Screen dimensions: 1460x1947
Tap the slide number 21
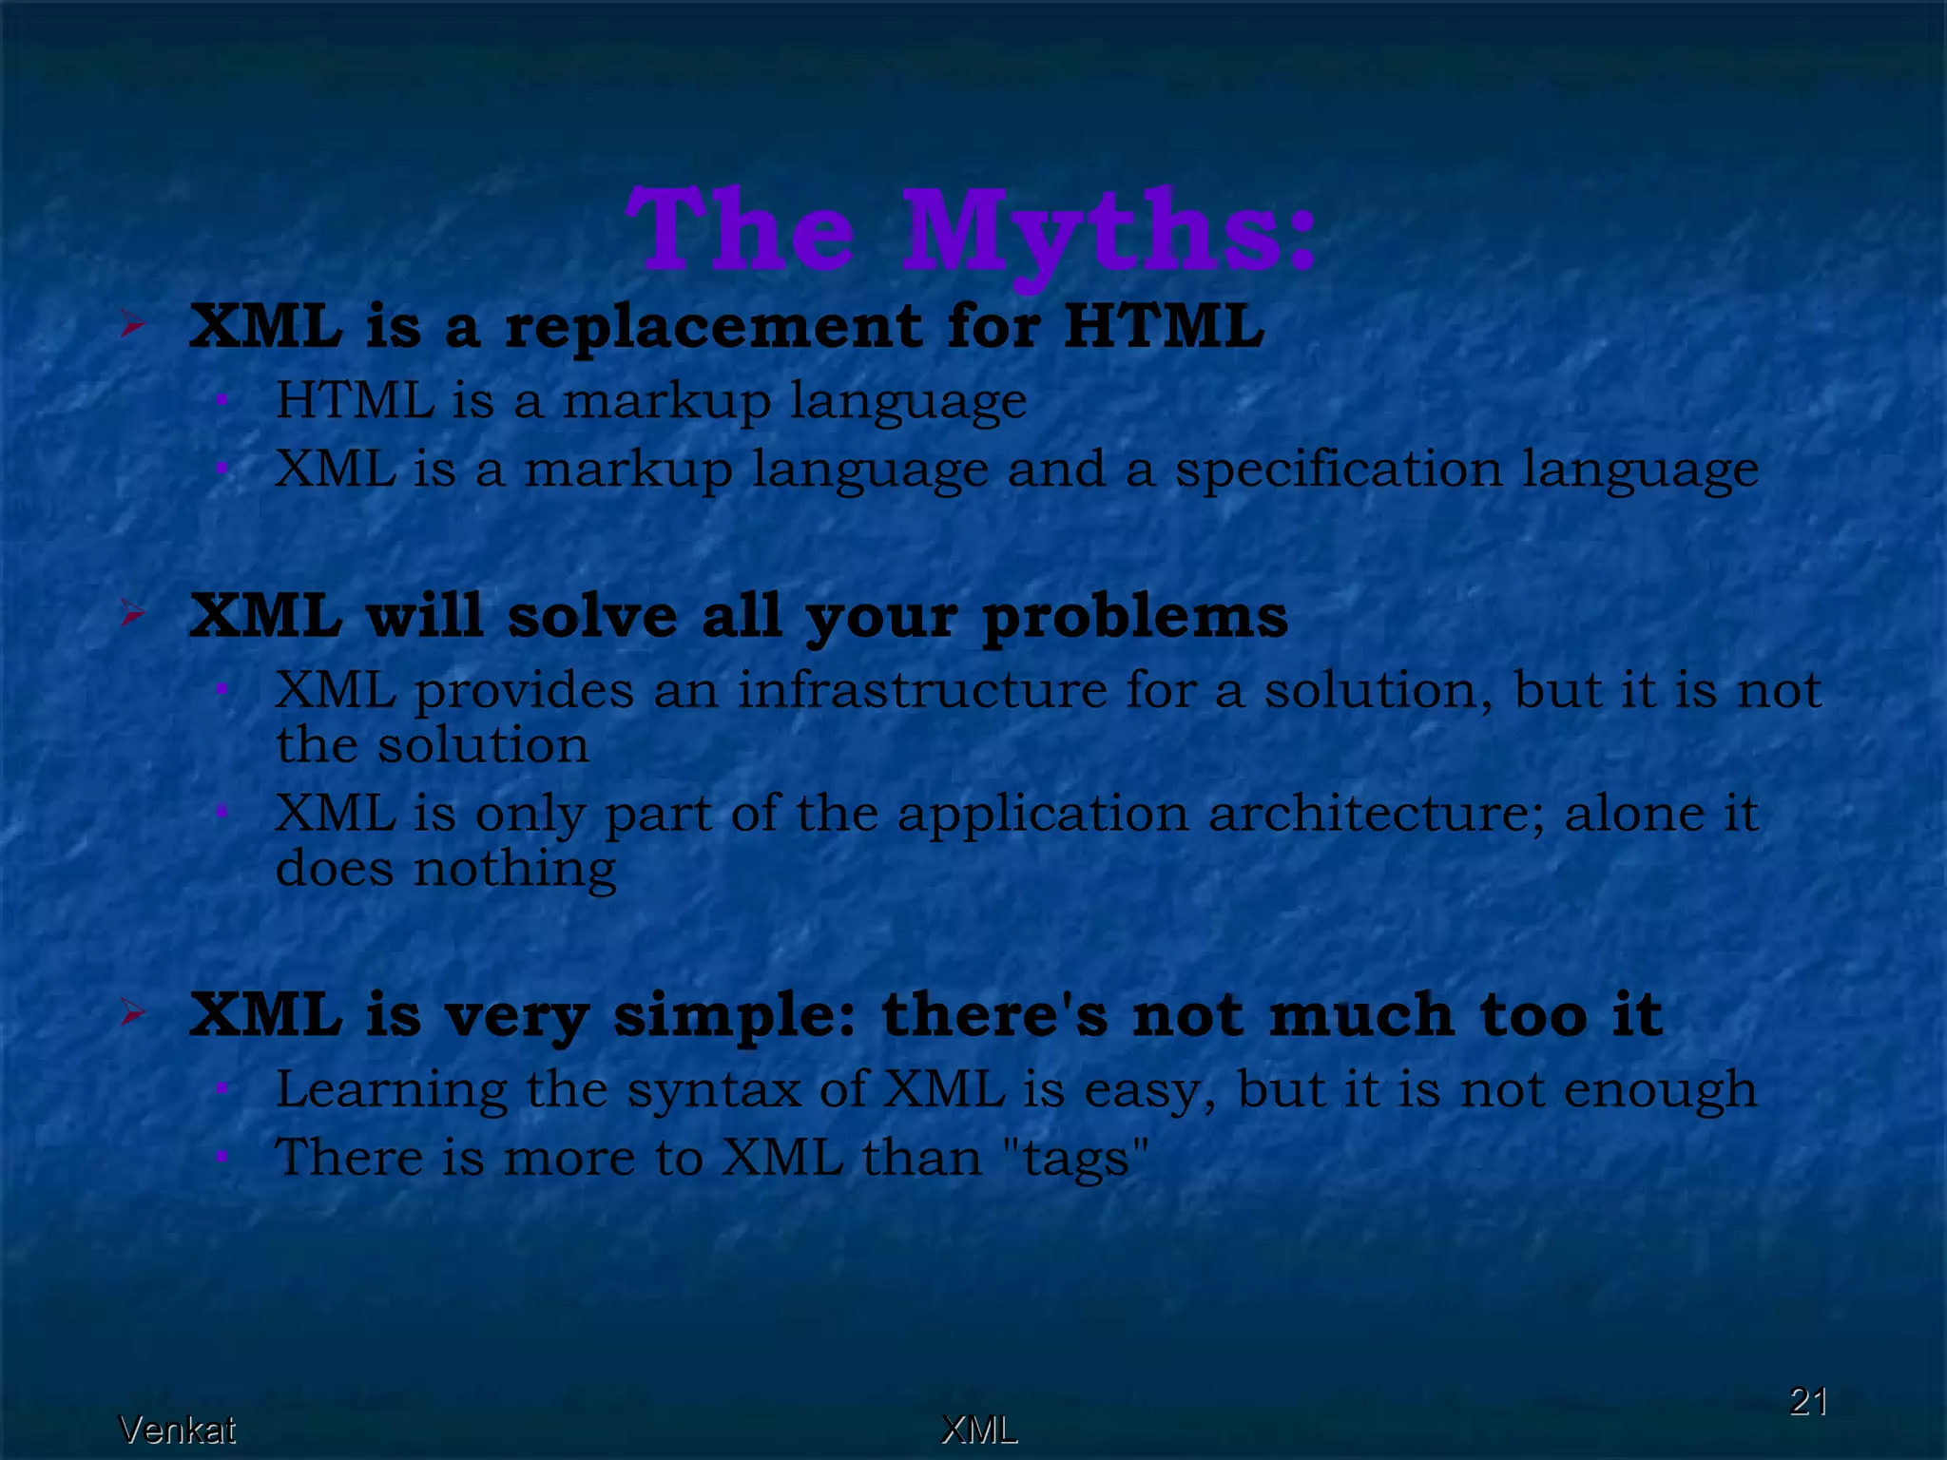click(x=1808, y=1401)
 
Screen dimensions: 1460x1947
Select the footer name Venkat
click(x=177, y=1430)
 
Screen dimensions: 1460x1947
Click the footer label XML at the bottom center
click(x=979, y=1430)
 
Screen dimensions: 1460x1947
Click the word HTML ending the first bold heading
click(x=1164, y=327)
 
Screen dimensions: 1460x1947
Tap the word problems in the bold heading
click(x=1135, y=618)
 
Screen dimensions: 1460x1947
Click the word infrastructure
click(x=922, y=689)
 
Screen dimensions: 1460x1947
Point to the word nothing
click(x=514, y=869)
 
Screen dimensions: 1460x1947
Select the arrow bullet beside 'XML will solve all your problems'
click(x=133, y=614)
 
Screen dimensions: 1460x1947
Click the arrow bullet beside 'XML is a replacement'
click(x=133, y=326)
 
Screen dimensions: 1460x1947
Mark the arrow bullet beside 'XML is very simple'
click(x=133, y=1013)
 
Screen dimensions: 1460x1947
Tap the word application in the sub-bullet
click(x=1042, y=814)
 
